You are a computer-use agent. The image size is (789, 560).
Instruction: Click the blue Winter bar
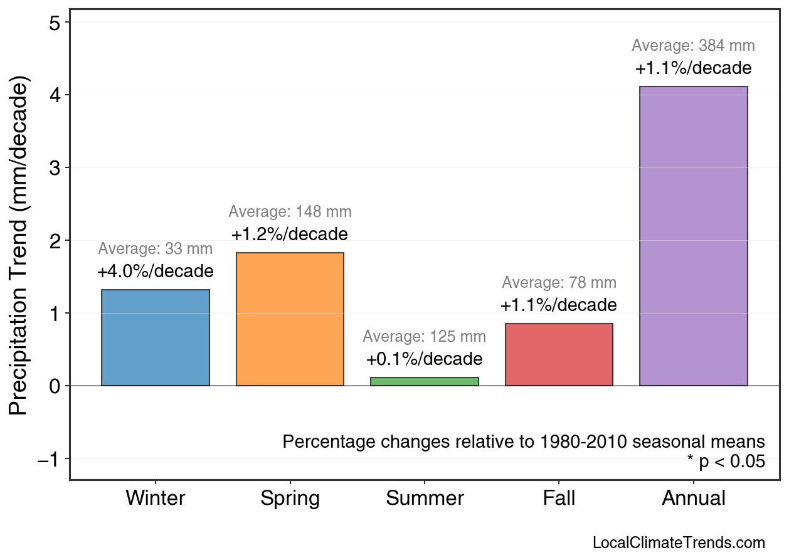[156, 337]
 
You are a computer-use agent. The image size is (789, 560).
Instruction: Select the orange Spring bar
[290, 319]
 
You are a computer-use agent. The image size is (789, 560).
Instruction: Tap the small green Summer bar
[425, 381]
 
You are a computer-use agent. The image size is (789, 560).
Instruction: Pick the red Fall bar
[559, 354]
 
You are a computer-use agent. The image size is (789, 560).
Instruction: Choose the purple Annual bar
[693, 236]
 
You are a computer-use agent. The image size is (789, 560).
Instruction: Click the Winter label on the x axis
[156, 499]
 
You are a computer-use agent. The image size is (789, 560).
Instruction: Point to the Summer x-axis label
[425, 499]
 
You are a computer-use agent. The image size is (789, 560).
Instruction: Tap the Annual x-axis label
[693, 499]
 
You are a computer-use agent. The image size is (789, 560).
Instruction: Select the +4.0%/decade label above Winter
[156, 272]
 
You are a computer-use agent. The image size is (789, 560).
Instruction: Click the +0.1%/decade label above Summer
[425, 359]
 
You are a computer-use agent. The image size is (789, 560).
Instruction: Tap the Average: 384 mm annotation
[693, 46]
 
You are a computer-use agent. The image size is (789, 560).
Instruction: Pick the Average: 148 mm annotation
[290, 212]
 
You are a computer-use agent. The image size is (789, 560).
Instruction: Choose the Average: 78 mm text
[559, 283]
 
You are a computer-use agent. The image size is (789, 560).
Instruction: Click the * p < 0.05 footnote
[726, 462]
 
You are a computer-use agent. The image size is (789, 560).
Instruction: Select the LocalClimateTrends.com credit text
[679, 542]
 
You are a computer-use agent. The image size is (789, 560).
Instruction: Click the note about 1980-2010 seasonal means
[524, 441]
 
